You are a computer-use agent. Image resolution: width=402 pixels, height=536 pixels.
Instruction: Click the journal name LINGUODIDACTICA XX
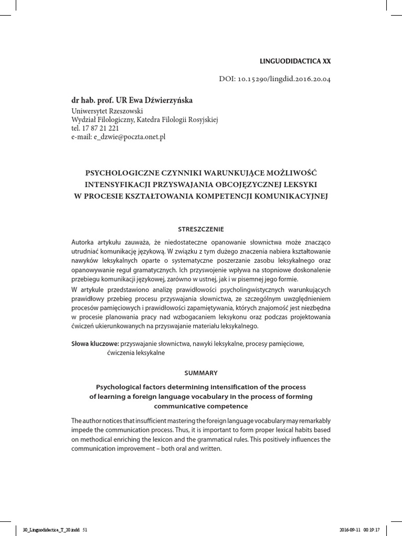tap(299, 61)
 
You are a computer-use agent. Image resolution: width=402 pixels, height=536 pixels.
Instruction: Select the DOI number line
tap(274, 80)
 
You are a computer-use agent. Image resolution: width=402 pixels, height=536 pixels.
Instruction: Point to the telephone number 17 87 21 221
tap(99, 128)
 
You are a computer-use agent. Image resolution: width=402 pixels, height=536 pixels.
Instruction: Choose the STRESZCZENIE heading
tap(200, 229)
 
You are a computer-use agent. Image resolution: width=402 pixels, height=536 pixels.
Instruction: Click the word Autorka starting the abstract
tap(84, 242)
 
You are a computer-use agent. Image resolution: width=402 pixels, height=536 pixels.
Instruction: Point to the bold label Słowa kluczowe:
tap(95, 344)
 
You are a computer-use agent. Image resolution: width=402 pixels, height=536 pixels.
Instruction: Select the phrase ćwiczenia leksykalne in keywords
tap(136, 353)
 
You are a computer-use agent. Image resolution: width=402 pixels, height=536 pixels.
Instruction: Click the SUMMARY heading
tap(200, 373)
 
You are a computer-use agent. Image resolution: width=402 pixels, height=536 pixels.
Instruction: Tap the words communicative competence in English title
tap(200, 406)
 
